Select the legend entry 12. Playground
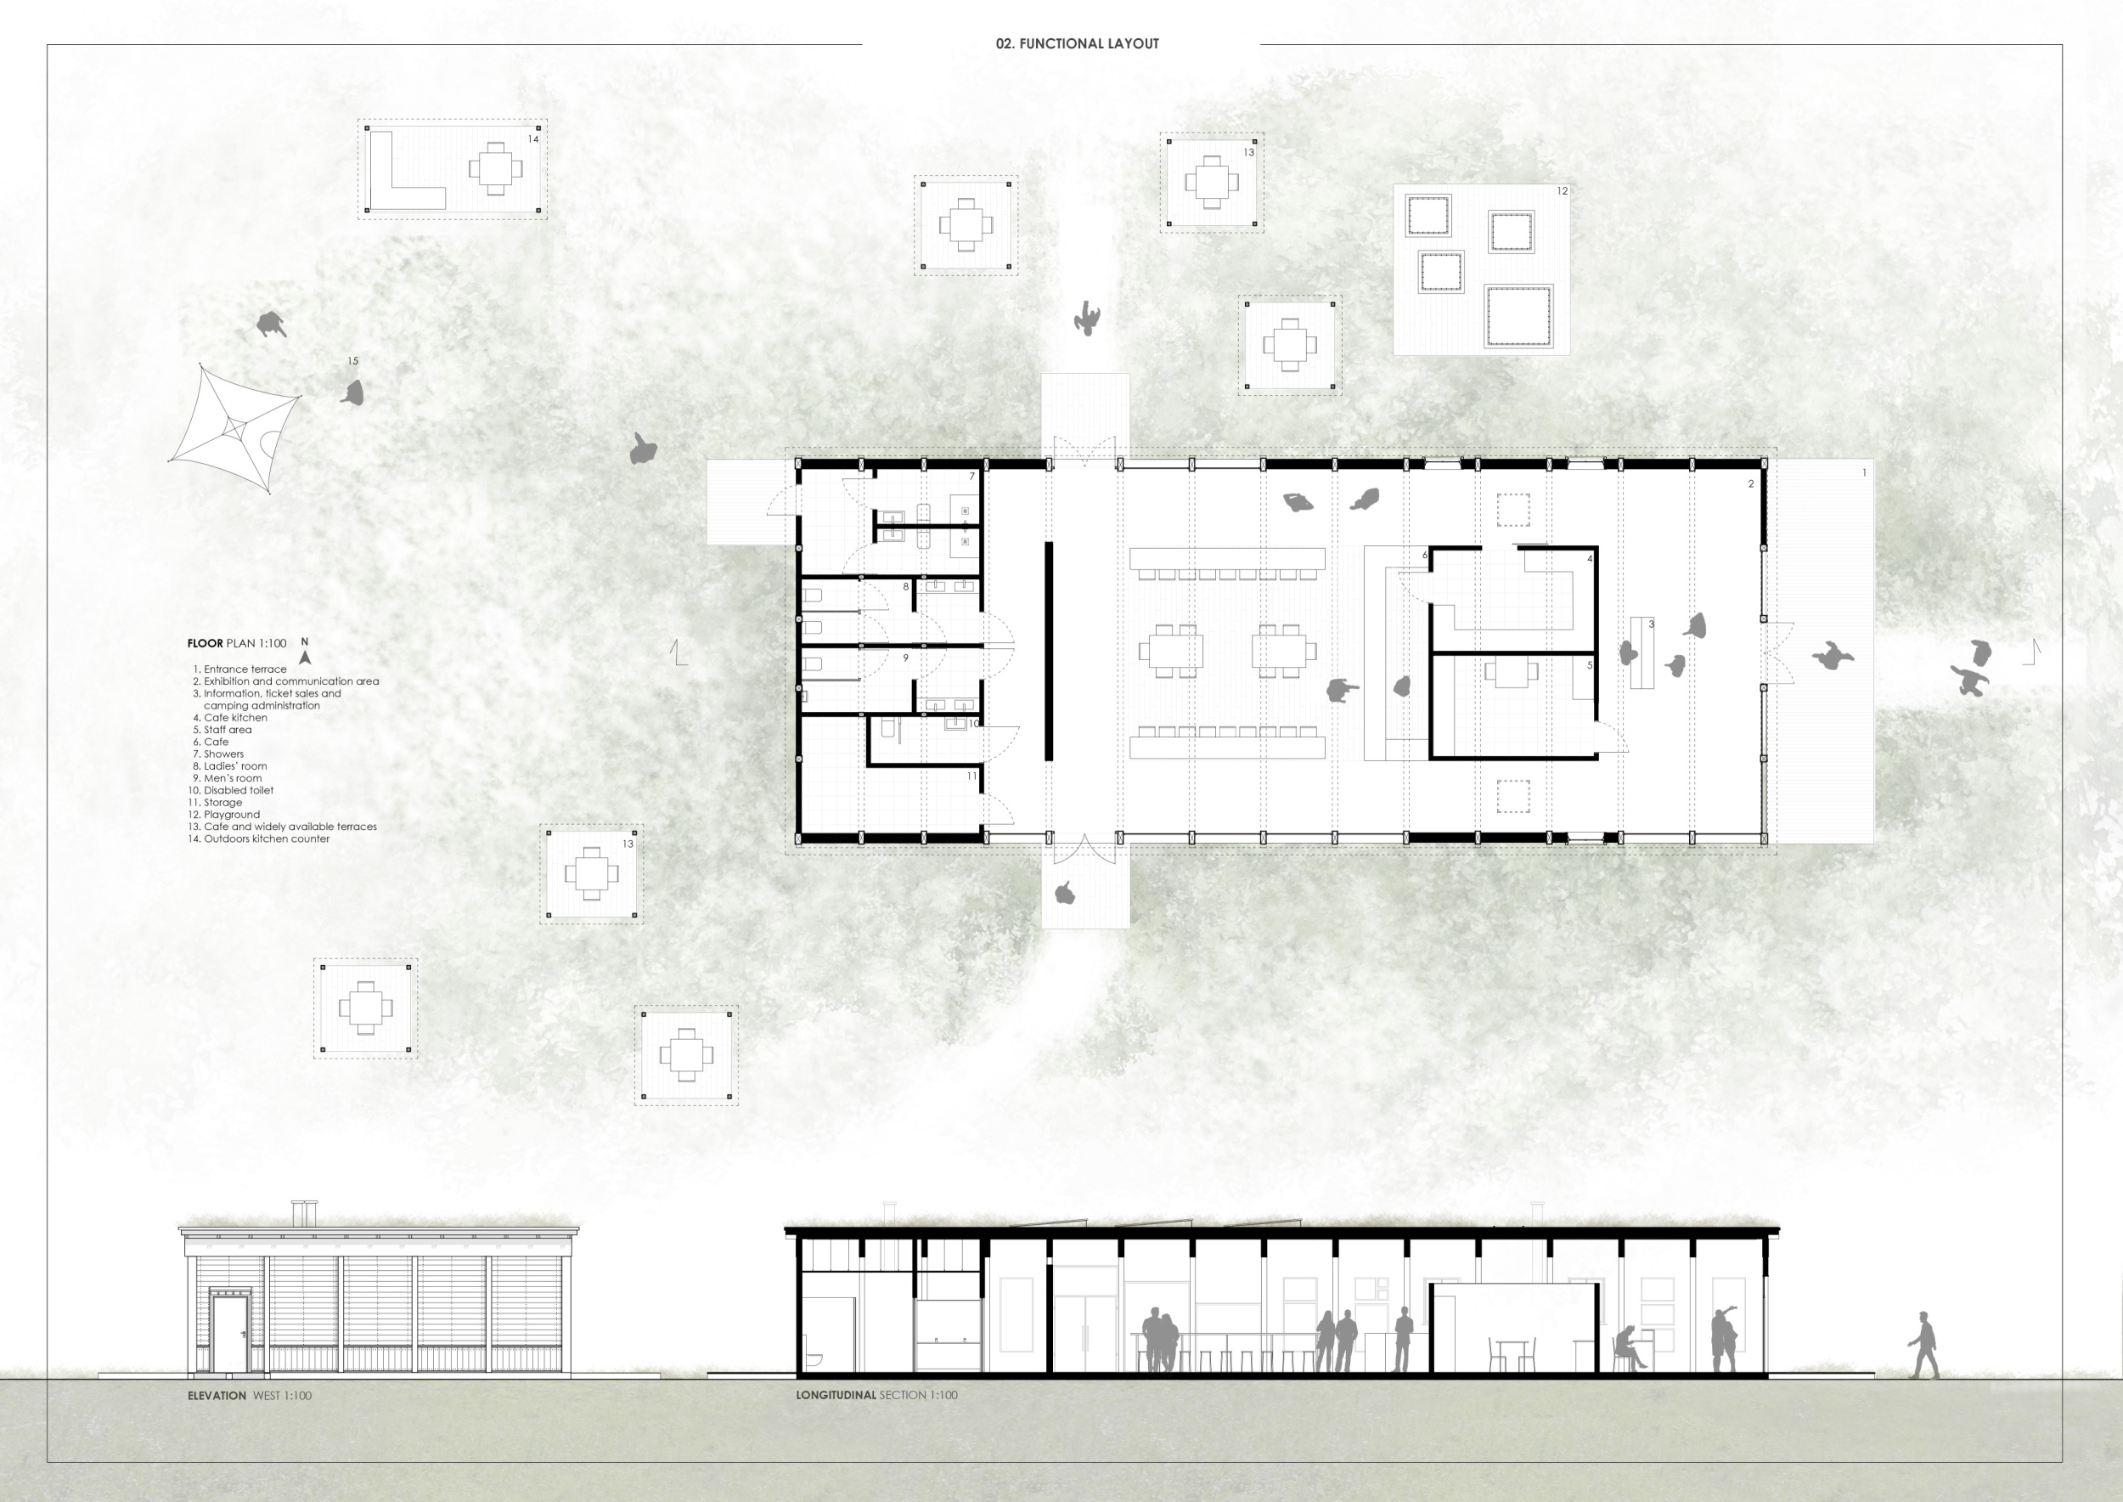(224, 815)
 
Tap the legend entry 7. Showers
(218, 754)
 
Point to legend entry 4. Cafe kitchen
(230, 718)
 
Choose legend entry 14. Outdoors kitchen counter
(259, 839)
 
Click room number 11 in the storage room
(971, 776)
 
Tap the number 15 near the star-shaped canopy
(352, 361)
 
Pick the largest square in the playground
(1518, 316)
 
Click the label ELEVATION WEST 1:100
(250, 1396)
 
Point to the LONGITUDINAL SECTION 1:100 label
(876, 1395)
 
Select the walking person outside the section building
(1923, 1345)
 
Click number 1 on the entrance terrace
(1864, 472)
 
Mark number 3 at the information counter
(1652, 624)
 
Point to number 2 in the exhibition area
(1751, 483)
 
